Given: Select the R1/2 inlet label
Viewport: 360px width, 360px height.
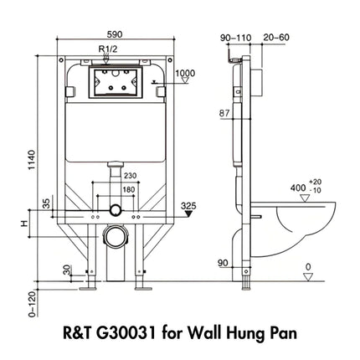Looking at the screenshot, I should [107, 50].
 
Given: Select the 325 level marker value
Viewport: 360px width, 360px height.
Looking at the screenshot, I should [188, 204].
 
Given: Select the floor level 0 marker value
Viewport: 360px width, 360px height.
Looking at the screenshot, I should [310, 269].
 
